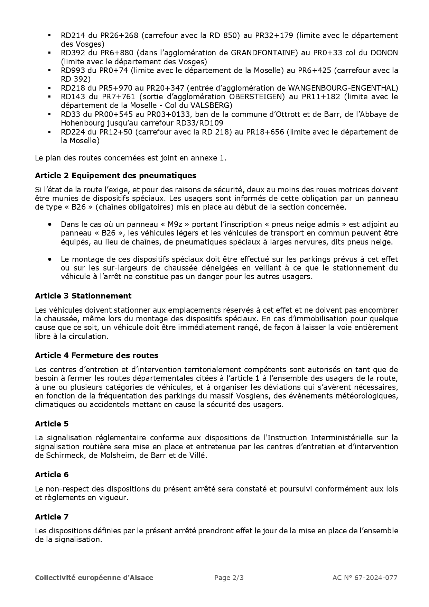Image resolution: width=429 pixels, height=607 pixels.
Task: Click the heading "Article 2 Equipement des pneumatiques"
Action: click(x=115, y=175)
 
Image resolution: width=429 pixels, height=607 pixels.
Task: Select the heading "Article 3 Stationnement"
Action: click(x=83, y=296)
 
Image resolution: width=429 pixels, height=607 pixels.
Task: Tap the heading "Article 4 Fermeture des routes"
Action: click(x=96, y=355)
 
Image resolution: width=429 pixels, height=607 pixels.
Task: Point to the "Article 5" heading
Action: click(x=52, y=424)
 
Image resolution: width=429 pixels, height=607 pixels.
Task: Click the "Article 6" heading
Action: click(x=52, y=475)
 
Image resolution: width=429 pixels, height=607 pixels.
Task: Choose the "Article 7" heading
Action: click(x=52, y=517)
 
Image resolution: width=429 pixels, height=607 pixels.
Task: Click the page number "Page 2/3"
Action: click(x=229, y=577)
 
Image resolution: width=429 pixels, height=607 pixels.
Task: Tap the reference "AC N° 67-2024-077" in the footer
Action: click(x=365, y=577)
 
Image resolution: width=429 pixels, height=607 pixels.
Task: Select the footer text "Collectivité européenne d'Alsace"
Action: click(x=94, y=577)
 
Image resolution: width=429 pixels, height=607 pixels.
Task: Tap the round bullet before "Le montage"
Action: click(x=50, y=259)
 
